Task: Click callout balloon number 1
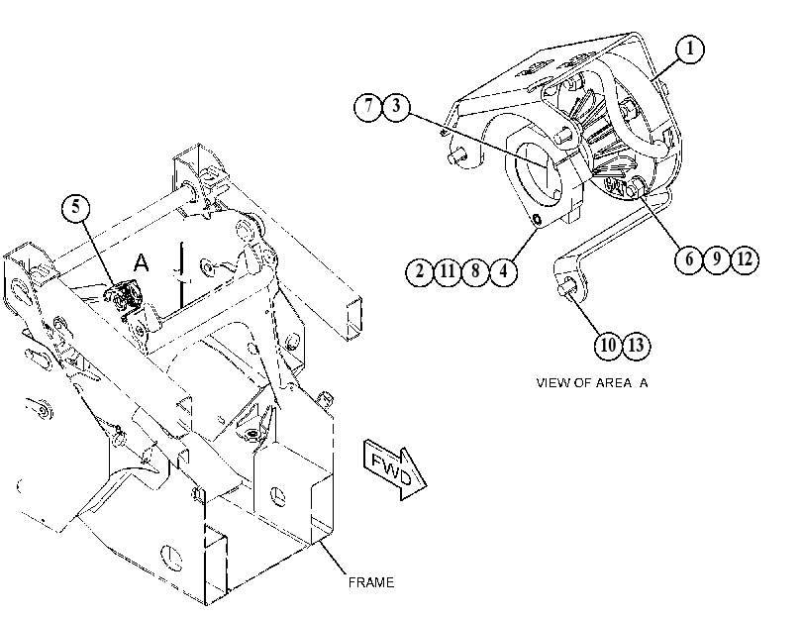(689, 49)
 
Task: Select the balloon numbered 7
(368, 107)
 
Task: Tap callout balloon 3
(396, 107)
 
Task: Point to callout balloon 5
(76, 208)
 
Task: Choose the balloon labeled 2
(420, 270)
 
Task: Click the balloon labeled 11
(448, 270)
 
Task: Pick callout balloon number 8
(475, 270)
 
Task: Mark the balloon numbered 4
(503, 270)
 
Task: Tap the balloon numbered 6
(689, 259)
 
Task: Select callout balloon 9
(717, 259)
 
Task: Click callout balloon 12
(745, 259)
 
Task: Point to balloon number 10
(608, 346)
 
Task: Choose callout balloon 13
(636, 346)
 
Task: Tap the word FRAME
(371, 582)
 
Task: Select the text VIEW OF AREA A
(591, 383)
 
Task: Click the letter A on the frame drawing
(141, 262)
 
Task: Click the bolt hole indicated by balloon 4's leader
(537, 220)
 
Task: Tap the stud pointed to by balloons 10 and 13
(567, 286)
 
